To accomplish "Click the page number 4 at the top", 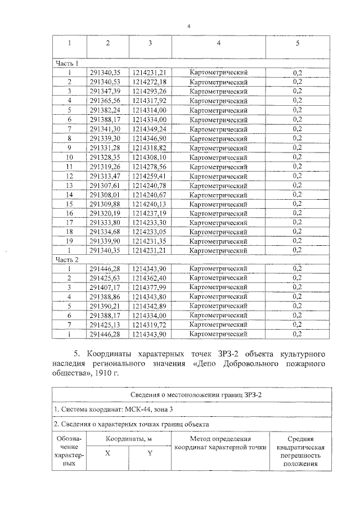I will (188, 26).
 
